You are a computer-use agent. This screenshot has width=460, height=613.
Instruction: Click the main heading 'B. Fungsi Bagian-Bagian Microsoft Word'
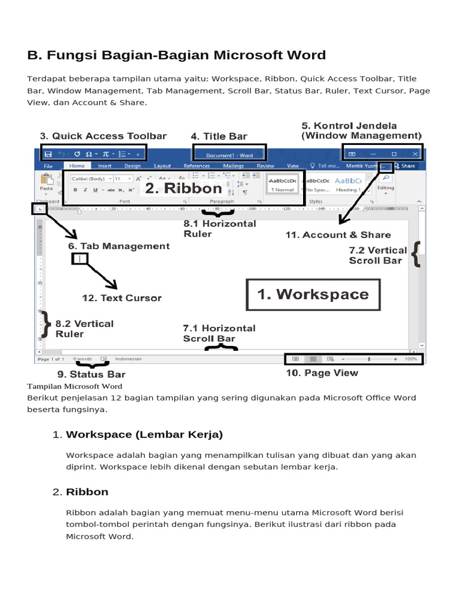pyautogui.click(x=177, y=56)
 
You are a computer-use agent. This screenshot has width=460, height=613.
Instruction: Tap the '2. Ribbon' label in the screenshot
pyautogui.click(x=183, y=189)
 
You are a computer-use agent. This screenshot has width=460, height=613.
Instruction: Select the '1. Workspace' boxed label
pyautogui.click(x=313, y=294)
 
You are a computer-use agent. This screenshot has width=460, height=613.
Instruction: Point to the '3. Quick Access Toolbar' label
pyautogui.click(x=103, y=136)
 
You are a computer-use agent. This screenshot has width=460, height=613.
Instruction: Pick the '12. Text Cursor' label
pyautogui.click(x=122, y=298)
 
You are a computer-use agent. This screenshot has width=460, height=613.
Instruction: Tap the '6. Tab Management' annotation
pyautogui.click(x=119, y=246)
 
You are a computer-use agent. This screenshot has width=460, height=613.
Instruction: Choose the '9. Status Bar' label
pyautogui.click(x=91, y=375)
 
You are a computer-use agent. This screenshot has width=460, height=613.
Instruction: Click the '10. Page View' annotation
pyautogui.click(x=322, y=373)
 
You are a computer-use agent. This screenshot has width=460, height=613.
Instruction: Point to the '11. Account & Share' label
pyautogui.click(x=338, y=235)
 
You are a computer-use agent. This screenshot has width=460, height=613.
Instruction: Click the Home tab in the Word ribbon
pyautogui.click(x=77, y=166)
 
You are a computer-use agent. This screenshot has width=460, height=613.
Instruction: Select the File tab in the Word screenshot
pyautogui.click(x=49, y=166)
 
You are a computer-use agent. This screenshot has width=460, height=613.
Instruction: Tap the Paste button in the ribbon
pyautogui.click(x=46, y=182)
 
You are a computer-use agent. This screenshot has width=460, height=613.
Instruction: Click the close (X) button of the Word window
pyautogui.click(x=415, y=154)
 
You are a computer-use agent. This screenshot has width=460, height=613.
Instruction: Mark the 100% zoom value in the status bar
pyautogui.click(x=411, y=359)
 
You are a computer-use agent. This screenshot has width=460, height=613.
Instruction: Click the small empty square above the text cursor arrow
pyautogui.click(x=80, y=259)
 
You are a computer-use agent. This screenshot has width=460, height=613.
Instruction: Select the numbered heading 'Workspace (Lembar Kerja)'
pyautogui.click(x=144, y=434)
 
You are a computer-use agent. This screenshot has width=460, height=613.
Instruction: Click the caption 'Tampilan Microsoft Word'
pyautogui.click(x=75, y=386)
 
